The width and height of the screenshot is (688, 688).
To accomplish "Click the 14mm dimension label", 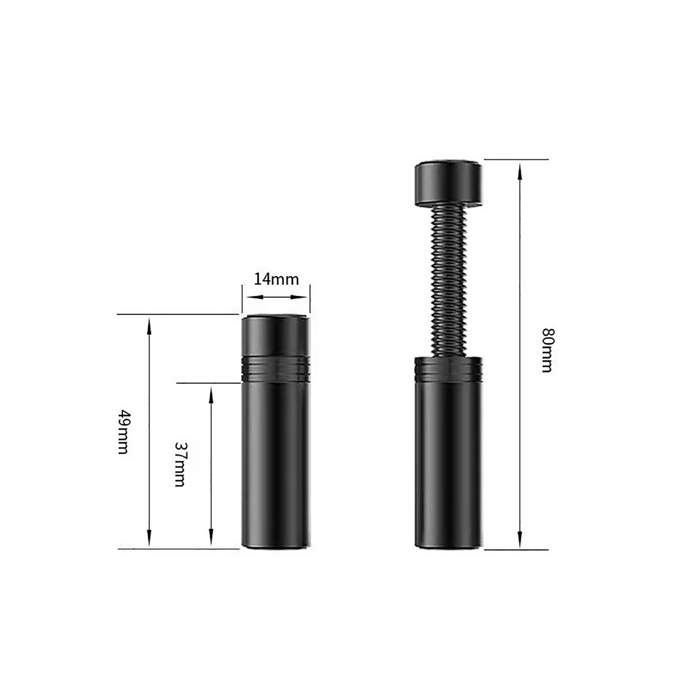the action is point(276,279).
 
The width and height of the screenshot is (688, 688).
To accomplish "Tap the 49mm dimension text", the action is point(123,432).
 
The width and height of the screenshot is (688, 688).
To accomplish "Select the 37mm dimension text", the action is point(180,464).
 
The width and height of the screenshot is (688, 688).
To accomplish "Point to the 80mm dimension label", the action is point(547,350).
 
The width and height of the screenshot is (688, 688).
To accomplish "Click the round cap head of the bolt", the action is point(448,183).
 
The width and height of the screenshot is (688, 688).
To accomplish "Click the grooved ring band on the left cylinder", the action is point(276,369).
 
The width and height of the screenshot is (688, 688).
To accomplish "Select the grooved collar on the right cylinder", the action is point(448,369).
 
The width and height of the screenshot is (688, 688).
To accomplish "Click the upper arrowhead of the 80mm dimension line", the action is point(520,172).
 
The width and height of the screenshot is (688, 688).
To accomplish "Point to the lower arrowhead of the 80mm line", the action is point(520,539).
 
